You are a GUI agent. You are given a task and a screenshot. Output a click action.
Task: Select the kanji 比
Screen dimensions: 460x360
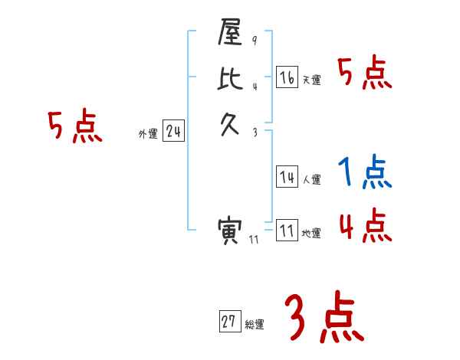point(231,79)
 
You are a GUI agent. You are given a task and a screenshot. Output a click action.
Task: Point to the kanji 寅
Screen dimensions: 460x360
point(231,231)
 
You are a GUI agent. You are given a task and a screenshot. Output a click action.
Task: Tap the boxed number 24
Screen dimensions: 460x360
point(174,132)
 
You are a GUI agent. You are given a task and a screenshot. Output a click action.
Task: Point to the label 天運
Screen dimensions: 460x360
point(311,80)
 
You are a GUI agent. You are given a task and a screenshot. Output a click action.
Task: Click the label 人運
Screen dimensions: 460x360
point(311,180)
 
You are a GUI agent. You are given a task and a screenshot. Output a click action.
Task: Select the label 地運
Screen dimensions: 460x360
point(311,234)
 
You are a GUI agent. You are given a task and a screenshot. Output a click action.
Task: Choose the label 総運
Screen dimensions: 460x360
point(255,325)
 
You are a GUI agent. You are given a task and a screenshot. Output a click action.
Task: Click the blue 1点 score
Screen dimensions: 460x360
point(365,173)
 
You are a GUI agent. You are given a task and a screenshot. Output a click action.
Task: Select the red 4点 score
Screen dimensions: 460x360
point(365,224)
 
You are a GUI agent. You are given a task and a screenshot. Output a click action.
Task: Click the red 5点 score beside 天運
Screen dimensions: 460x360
point(365,74)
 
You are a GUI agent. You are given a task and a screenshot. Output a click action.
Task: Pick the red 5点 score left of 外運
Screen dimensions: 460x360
point(74,126)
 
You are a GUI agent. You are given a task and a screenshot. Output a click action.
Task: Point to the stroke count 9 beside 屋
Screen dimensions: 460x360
point(255,41)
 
